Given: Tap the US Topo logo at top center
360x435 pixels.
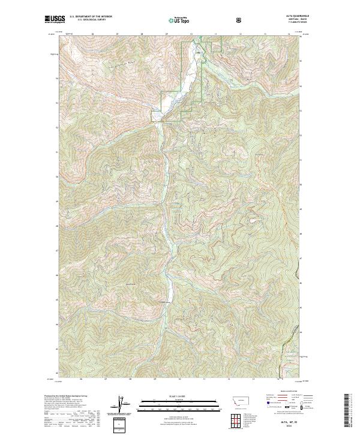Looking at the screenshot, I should [178, 20].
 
